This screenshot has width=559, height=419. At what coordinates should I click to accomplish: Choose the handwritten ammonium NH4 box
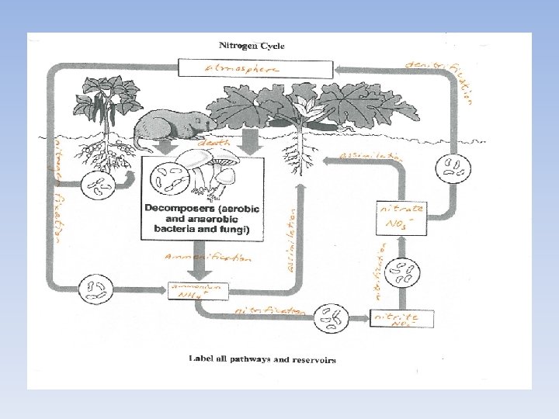200,290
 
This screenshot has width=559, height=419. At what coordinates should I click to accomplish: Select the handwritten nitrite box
401,319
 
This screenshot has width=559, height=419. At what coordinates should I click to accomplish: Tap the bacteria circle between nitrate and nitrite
402,272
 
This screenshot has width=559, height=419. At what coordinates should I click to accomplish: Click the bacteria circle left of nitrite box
332,317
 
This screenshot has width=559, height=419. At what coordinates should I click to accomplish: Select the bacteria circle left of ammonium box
99,288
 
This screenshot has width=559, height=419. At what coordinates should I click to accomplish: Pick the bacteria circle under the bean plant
97,186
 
